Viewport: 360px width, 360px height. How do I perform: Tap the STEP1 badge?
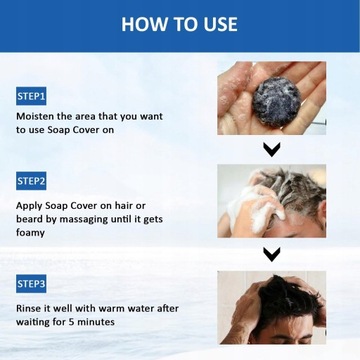(x=31, y=97)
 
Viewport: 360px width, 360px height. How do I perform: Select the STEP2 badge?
(x=31, y=181)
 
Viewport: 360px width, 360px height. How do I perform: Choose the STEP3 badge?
(x=31, y=285)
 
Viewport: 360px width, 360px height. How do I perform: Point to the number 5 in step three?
(x=75, y=322)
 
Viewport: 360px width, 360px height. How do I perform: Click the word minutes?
(x=100, y=322)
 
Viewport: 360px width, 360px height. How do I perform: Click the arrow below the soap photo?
(x=270, y=150)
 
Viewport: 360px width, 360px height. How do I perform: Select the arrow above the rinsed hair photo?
(x=270, y=254)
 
